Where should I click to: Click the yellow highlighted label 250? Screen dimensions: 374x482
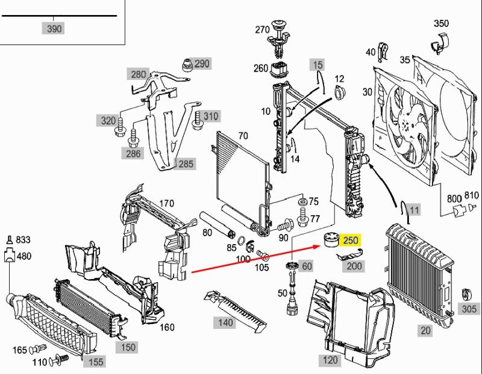pyautogui.click(x=350, y=241)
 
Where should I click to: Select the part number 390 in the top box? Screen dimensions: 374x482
pyautogui.click(x=54, y=28)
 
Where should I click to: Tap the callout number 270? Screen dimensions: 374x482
pyautogui.click(x=263, y=29)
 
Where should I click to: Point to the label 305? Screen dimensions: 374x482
pyautogui.click(x=468, y=308)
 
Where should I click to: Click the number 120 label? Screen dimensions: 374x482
pyautogui.click(x=330, y=360)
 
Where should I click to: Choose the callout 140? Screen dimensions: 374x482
pyautogui.click(x=225, y=323)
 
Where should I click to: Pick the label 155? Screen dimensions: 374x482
pyautogui.click(x=96, y=361)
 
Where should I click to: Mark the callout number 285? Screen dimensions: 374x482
pyautogui.click(x=186, y=164)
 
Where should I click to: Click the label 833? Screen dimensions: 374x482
pyautogui.click(x=23, y=240)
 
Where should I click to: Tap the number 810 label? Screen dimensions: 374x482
pyautogui.click(x=471, y=195)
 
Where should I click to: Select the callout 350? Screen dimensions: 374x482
pyautogui.click(x=441, y=24)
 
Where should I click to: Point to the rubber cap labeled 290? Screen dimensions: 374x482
pyautogui.click(x=187, y=64)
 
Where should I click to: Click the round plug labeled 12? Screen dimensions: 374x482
pyautogui.click(x=340, y=94)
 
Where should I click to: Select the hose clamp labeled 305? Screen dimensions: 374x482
pyautogui.click(x=465, y=295)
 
